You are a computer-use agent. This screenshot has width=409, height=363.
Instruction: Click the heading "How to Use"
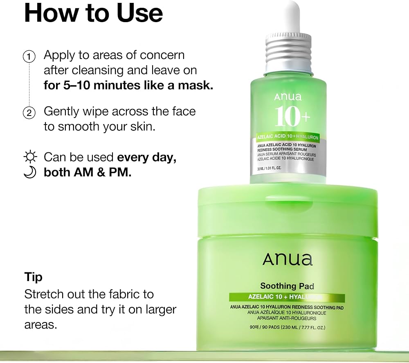pos(93,13)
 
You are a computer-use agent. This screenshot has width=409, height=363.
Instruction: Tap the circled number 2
pos(29,112)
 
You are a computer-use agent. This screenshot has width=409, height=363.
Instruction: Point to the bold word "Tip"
pos(33,277)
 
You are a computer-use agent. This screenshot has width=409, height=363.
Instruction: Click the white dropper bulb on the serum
pos(292,9)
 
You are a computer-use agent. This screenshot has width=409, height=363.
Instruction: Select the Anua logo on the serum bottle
pos(288,97)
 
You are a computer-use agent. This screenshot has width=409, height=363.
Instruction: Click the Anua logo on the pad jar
pos(287,259)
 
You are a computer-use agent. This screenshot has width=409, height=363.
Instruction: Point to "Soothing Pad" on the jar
pos(287,286)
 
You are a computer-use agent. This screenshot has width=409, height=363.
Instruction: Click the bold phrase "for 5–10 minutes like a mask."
pos(128,86)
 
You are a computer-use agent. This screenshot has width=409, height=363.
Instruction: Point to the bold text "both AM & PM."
pos(88,172)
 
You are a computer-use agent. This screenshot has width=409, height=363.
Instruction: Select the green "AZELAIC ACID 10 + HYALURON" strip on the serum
pos(288,137)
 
